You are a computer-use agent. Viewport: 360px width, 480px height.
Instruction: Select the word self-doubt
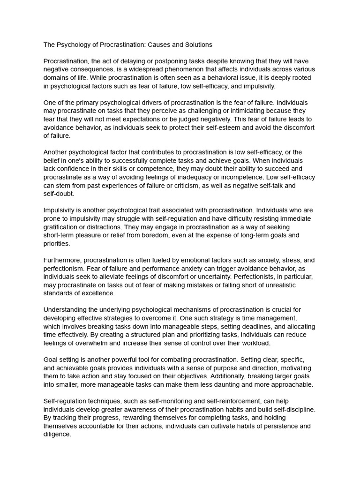[x=59, y=194]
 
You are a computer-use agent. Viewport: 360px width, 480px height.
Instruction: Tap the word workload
[x=255, y=343]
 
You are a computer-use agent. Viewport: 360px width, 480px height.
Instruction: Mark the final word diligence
[x=57, y=435]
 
